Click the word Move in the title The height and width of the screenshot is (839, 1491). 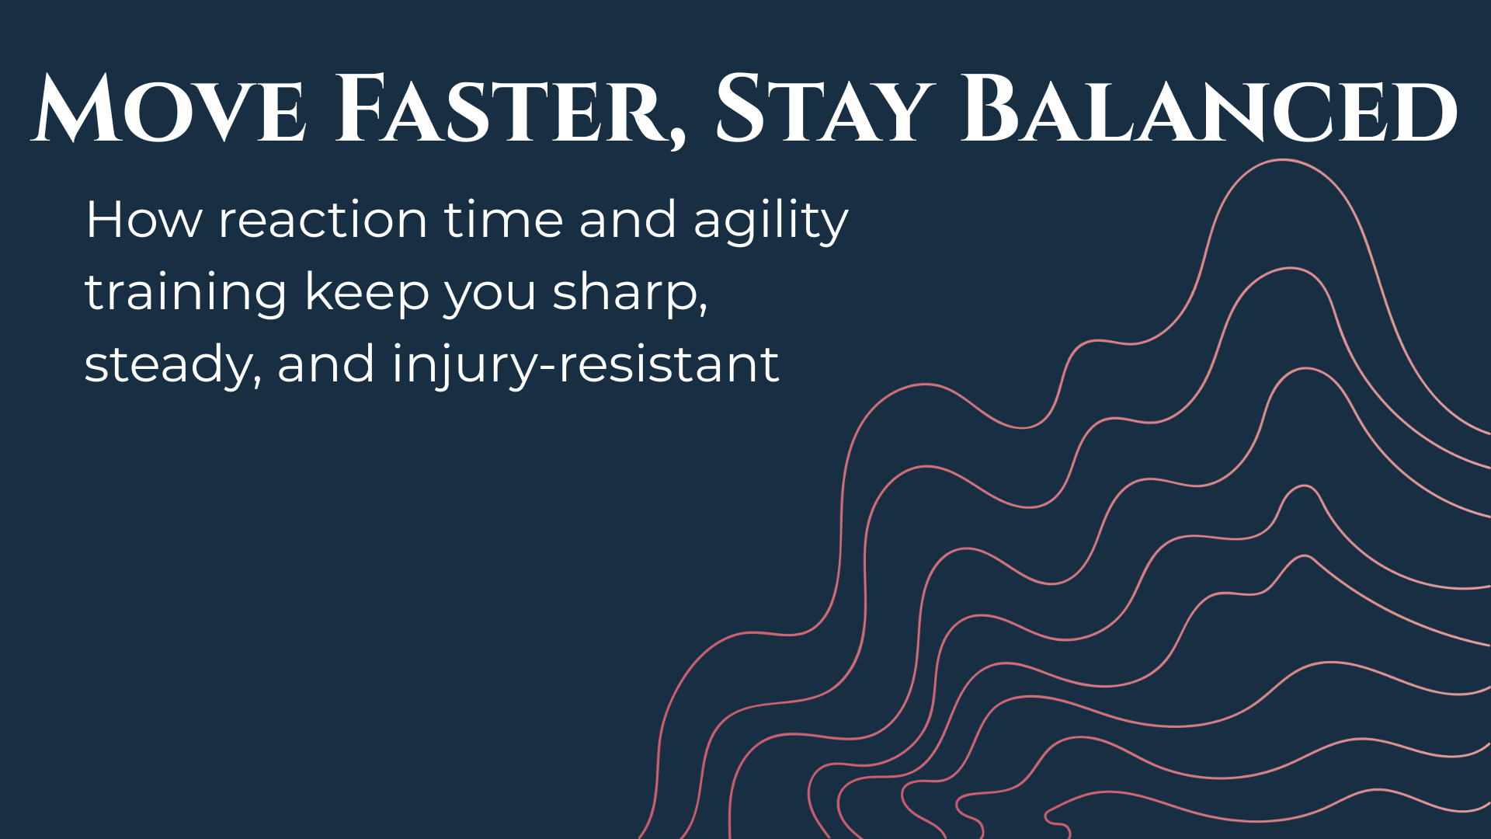tap(168, 109)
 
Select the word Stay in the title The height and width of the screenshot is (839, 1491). tap(823, 109)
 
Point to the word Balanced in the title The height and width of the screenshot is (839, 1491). tap(1208, 109)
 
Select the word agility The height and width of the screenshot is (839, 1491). tap(770, 223)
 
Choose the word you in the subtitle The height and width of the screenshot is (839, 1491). tap(490, 298)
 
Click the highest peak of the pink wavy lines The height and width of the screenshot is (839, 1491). tap(1282, 161)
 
